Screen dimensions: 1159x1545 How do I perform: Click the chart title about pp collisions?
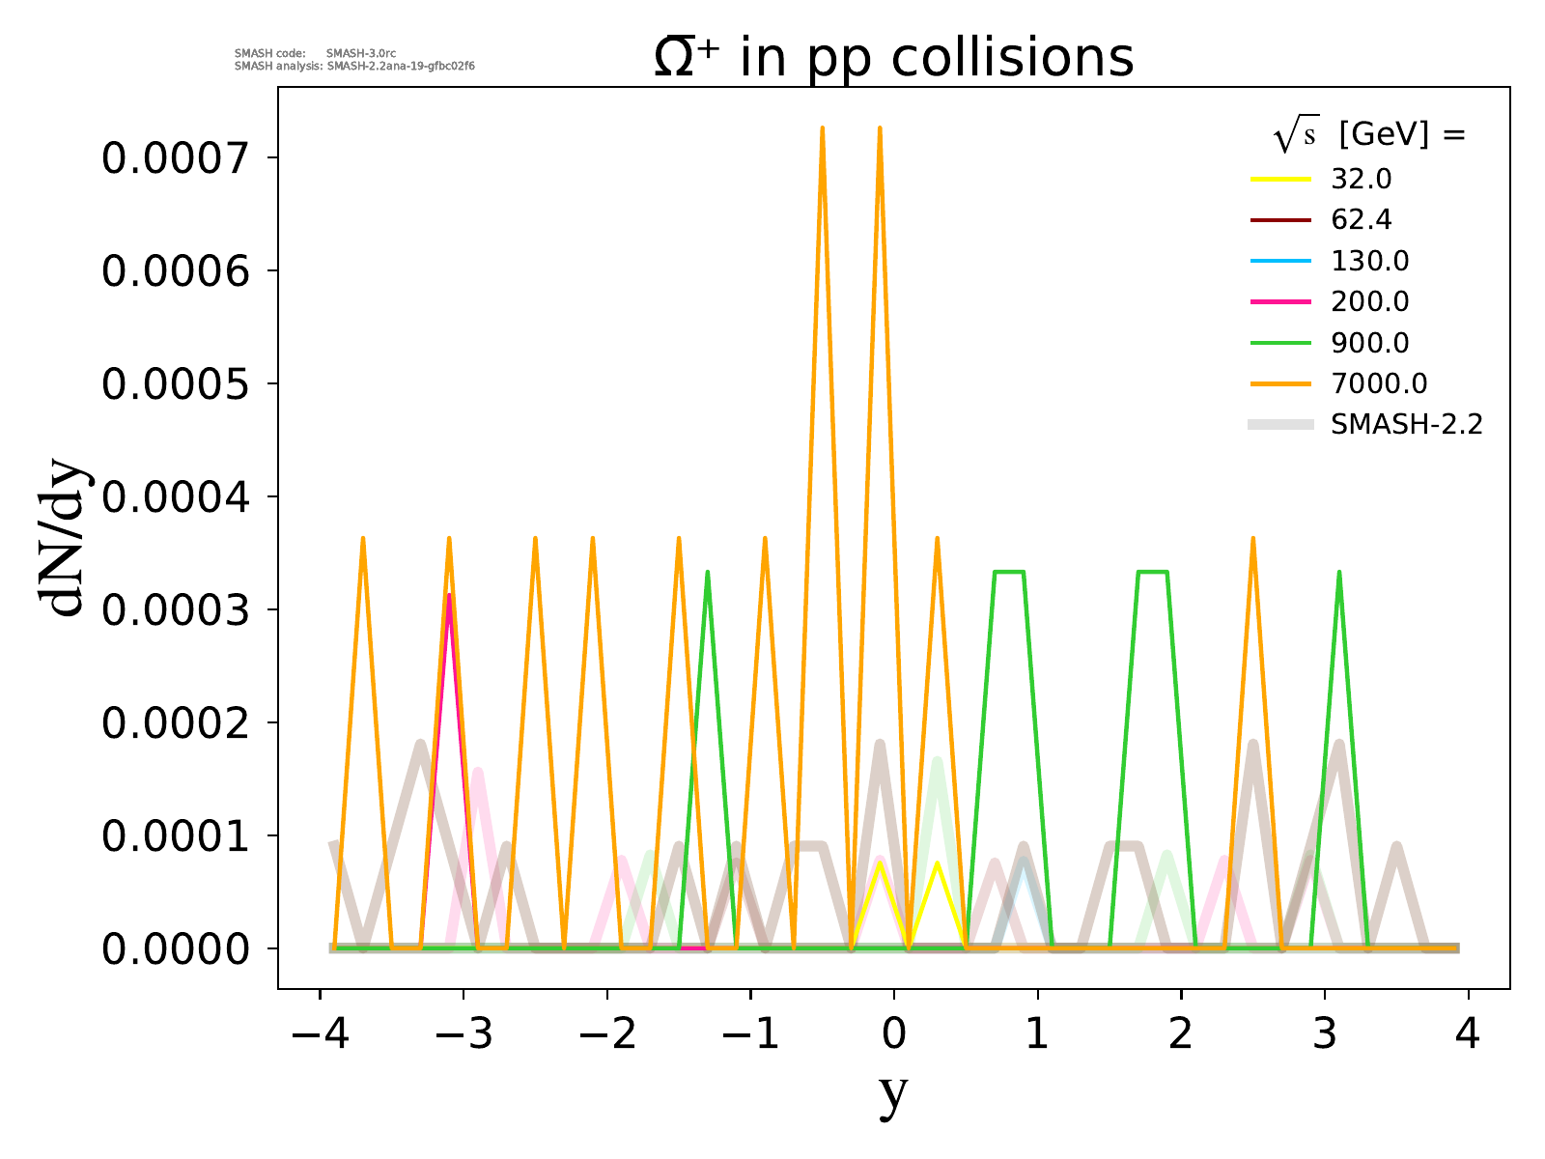point(893,58)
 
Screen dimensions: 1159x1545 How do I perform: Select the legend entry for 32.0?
point(1361,179)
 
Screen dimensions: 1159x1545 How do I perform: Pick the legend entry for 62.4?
point(1361,220)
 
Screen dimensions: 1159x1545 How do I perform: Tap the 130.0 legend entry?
point(1369,261)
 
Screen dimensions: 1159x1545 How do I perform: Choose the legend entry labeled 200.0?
point(1369,302)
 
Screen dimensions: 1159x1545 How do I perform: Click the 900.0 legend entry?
point(1369,343)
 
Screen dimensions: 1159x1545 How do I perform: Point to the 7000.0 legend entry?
point(1378,383)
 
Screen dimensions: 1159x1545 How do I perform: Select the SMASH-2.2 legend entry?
point(1406,424)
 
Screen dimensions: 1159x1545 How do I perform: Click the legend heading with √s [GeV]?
point(1369,136)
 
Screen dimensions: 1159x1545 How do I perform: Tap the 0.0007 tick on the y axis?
point(178,158)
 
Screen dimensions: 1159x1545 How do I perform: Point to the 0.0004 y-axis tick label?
point(178,497)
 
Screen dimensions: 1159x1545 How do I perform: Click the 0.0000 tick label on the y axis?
point(178,949)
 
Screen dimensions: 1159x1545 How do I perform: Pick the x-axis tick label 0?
point(894,1035)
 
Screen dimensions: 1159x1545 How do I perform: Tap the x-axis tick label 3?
point(1325,1035)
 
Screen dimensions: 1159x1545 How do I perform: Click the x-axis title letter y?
point(894,1093)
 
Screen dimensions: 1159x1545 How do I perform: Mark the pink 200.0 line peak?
point(449,596)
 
